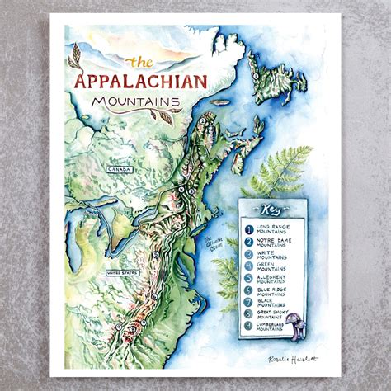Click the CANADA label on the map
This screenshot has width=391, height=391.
coord(115,167)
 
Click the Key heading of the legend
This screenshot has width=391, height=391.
coord(270,207)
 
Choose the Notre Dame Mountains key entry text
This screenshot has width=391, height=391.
coord(278,243)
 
